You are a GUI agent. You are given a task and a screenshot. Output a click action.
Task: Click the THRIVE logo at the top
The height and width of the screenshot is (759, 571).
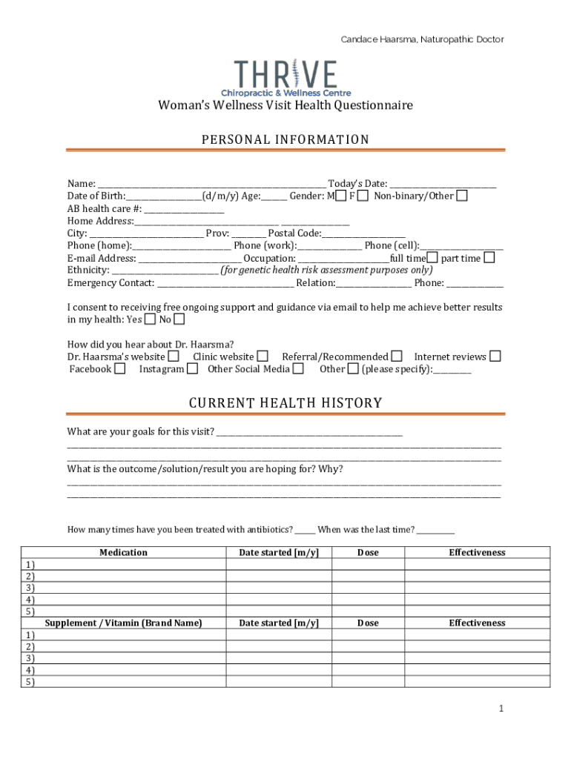tap(285, 78)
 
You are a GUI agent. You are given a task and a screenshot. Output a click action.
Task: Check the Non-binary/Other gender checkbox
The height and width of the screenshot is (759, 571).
tap(462, 196)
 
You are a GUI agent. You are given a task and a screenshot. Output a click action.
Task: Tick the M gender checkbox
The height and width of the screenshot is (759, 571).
tap(340, 196)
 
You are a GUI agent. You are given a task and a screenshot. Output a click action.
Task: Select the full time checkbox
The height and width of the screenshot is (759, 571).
tap(432, 258)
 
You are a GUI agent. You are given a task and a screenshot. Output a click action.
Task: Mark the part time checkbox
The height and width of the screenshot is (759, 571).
tap(489, 258)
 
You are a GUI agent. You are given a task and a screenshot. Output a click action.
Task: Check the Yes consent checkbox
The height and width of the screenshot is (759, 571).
tap(150, 319)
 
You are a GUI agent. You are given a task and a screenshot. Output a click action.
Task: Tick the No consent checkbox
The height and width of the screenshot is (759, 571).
tap(179, 319)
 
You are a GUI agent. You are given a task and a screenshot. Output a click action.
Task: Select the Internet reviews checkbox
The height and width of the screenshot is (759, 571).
tap(495, 357)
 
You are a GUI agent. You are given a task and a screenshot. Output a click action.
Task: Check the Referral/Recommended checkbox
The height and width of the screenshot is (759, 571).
tap(397, 357)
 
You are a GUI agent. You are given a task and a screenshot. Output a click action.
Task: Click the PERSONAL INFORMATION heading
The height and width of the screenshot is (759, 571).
tap(285, 139)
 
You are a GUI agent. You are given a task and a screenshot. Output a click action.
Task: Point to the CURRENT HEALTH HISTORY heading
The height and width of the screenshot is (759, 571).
tap(285, 403)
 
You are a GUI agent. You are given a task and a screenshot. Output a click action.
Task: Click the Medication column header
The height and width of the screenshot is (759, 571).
tap(123, 552)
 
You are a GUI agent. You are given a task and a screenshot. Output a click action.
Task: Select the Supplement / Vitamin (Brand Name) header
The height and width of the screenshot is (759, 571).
tap(123, 623)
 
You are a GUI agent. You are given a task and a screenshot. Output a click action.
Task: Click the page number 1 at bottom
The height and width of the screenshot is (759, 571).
tap(501, 709)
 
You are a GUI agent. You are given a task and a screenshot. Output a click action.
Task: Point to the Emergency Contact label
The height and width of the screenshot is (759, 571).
tap(110, 282)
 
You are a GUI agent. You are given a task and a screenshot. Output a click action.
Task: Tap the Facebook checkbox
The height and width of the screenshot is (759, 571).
tap(120, 368)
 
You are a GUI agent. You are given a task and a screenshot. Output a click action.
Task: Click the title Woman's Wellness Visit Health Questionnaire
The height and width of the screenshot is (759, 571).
tap(285, 105)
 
